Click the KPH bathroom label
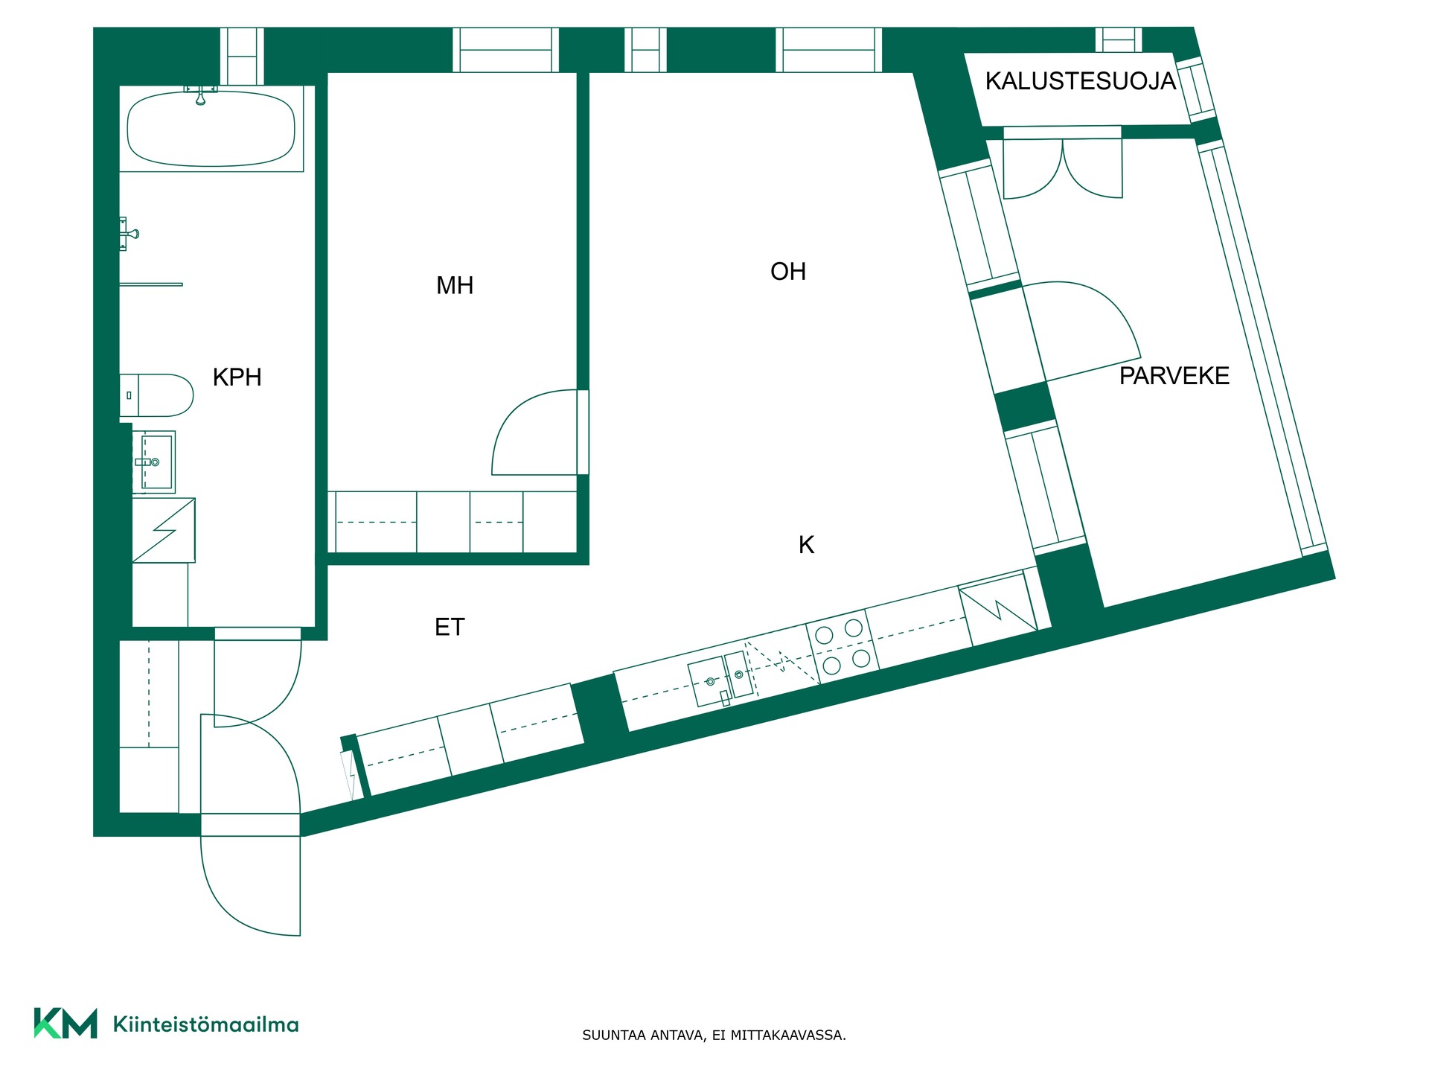(237, 377)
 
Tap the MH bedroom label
(455, 285)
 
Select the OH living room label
(788, 272)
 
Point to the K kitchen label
(806, 545)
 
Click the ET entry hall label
(450, 628)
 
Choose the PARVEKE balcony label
(1174, 376)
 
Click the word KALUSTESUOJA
(1081, 81)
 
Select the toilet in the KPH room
(156, 395)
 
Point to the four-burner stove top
(843, 645)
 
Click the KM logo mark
(65, 1023)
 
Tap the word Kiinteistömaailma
(205, 1024)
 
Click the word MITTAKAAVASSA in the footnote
(788, 1035)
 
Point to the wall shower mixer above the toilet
(129, 234)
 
